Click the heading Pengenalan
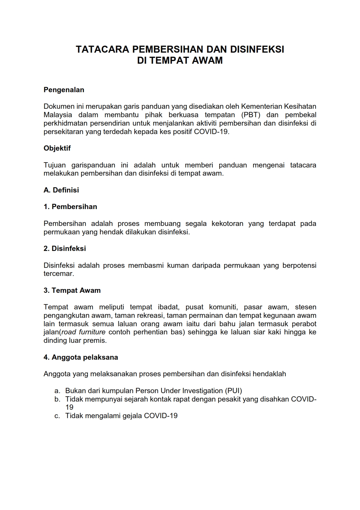pyautogui.click(x=64, y=90)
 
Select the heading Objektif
pyautogui.click(x=57, y=148)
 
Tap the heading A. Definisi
pyautogui.click(x=61, y=190)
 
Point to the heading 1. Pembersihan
pyautogui.click(x=70, y=207)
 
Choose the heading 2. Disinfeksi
pyautogui.click(x=65, y=249)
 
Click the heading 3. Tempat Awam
pyautogui.click(x=72, y=290)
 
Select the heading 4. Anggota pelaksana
pyautogui.click(x=81, y=357)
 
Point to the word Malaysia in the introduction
pyautogui.click(x=58, y=115)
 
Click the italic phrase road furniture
pyautogui.click(x=83, y=332)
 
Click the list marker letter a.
pyautogui.click(x=57, y=391)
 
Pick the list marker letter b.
pyautogui.click(x=57, y=399)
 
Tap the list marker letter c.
pyautogui.click(x=57, y=416)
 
